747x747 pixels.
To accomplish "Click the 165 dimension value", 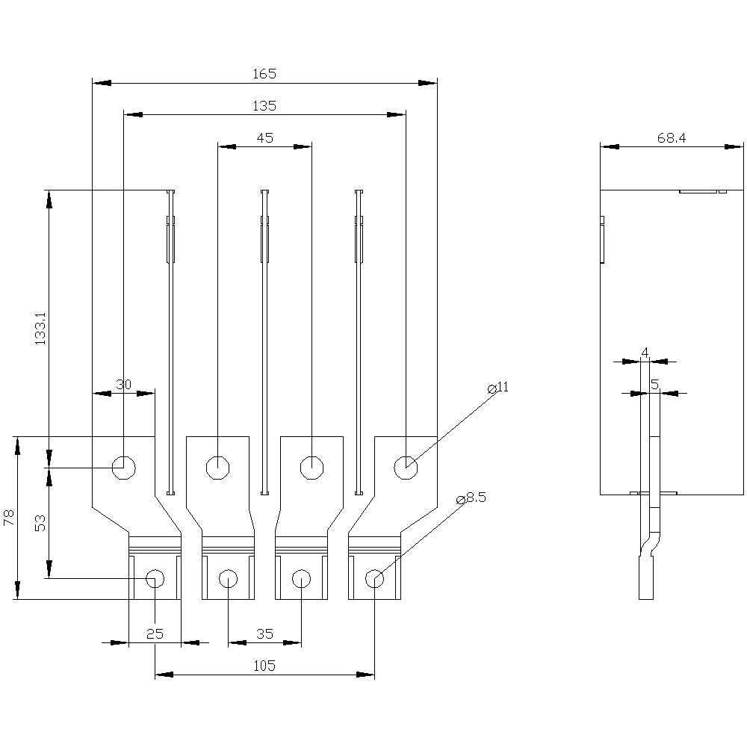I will click(x=264, y=74).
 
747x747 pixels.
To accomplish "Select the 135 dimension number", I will click(x=264, y=106).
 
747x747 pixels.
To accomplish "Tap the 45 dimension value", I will click(x=264, y=138).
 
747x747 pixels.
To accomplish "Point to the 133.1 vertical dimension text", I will click(x=41, y=329).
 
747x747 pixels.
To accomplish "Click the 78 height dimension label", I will click(x=10, y=518).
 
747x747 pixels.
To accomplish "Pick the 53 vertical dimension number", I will click(x=41, y=523).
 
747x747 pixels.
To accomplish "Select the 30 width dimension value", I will click(x=124, y=384).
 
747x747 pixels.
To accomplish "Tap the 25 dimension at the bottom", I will click(x=155, y=634).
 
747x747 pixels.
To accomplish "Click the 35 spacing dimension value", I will click(x=264, y=634).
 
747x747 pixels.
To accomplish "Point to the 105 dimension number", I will click(x=264, y=666).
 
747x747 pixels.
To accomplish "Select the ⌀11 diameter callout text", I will click(x=498, y=387).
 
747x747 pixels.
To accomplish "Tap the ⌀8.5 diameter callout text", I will click(x=471, y=498).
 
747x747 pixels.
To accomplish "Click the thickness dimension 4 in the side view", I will click(x=645, y=352).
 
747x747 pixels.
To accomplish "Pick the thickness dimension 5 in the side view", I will click(x=654, y=384).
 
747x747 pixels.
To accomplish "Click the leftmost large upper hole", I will click(x=123, y=468).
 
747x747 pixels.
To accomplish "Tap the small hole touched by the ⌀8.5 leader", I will click(x=374, y=578).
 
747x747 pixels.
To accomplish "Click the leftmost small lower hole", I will click(x=155, y=578).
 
